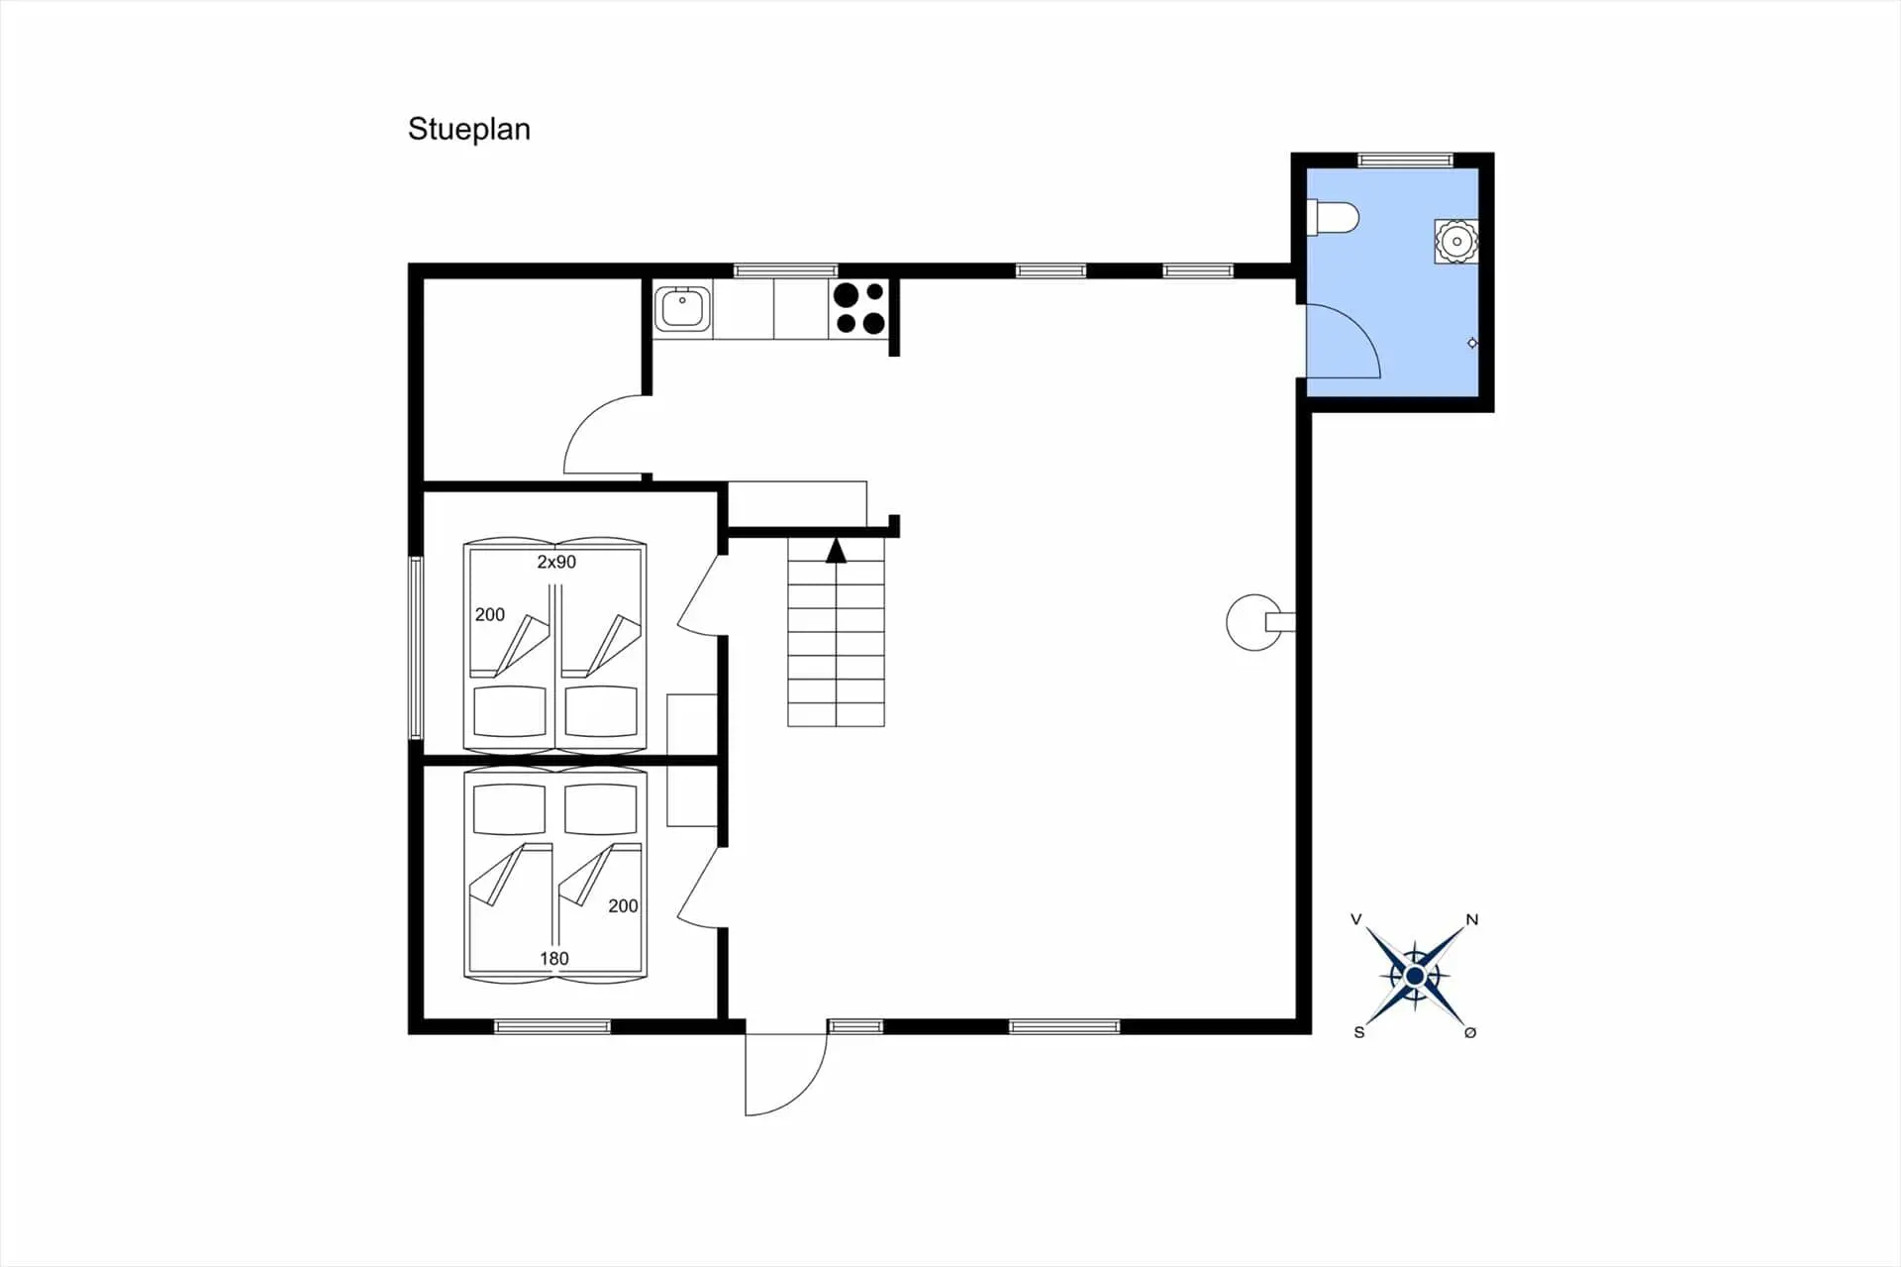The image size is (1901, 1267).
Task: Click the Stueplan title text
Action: point(469,130)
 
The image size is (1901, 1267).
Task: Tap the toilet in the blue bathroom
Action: point(1333,218)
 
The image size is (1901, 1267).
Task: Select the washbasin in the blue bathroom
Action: point(1456,242)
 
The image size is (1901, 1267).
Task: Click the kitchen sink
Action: point(682,307)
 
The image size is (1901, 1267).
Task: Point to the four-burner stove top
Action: point(858,308)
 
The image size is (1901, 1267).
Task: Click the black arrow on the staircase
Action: point(837,551)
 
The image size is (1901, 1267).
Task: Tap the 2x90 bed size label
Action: point(556,562)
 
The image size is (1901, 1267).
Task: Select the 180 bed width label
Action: point(554,958)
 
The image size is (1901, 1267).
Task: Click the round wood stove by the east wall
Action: point(1254,622)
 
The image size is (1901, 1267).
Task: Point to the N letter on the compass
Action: point(1472,919)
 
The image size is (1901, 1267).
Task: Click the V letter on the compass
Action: point(1356,919)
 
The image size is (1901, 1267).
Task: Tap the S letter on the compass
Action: point(1359,1032)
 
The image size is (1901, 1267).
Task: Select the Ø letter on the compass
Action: point(1470,1032)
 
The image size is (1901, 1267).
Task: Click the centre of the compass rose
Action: point(1415,977)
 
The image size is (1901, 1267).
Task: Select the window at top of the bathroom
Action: point(1405,159)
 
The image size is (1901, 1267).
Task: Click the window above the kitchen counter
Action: point(785,270)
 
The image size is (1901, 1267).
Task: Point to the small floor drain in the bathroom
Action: point(1472,343)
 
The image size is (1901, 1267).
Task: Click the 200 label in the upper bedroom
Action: point(490,614)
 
